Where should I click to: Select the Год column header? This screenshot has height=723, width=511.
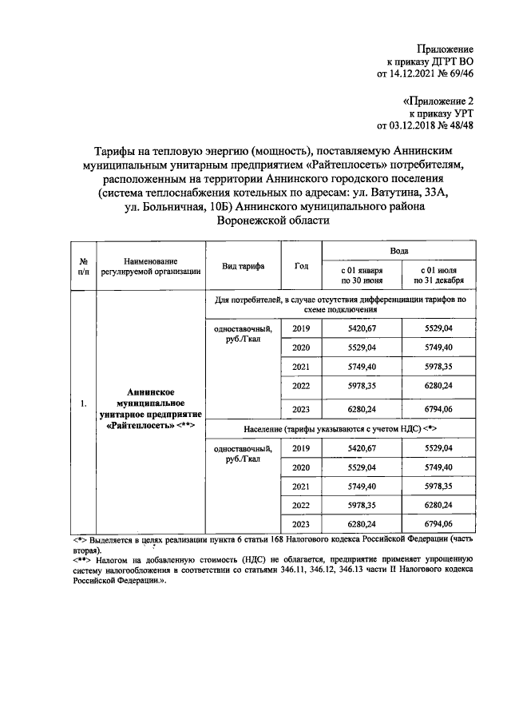point(301,266)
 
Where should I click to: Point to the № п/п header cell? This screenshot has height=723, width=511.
point(83,266)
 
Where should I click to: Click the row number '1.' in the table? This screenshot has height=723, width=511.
point(83,403)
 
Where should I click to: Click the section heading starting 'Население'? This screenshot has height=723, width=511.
point(339,429)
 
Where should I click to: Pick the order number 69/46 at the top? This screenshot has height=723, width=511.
point(459,74)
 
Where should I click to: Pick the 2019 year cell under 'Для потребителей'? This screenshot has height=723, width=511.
point(301,329)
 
